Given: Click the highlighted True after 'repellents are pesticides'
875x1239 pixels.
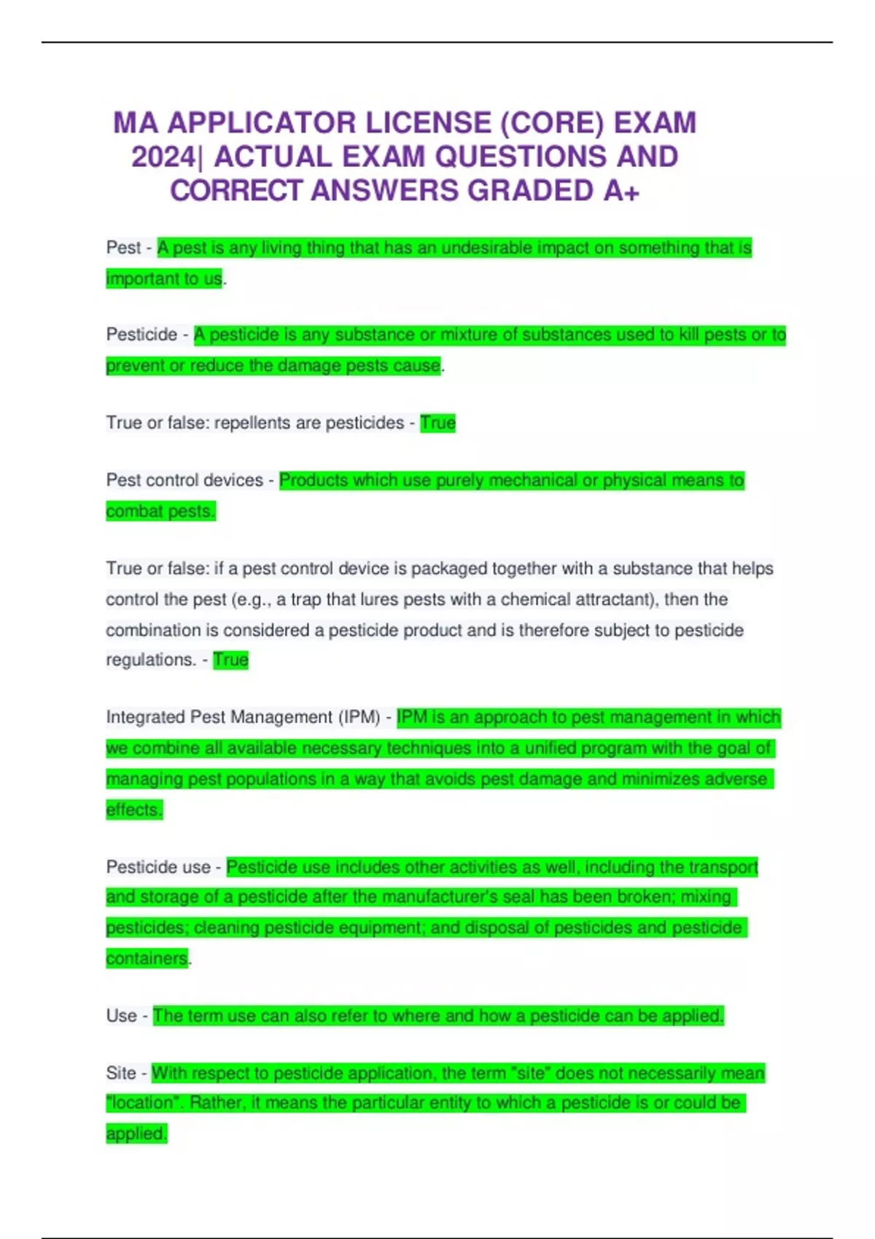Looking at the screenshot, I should coord(437,423).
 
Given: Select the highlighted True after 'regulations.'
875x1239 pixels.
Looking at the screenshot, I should coord(230,660).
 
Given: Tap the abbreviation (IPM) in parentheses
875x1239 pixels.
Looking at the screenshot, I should coord(359,717).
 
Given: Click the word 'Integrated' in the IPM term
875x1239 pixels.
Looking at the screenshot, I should coord(145,717).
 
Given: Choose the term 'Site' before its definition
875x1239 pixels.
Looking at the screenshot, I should coord(121,1073).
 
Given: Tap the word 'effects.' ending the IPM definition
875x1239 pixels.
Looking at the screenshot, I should coord(134,810).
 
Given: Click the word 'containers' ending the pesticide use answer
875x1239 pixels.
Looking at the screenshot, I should coord(147,958).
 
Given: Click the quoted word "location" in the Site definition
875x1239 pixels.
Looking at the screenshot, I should coord(143,1103).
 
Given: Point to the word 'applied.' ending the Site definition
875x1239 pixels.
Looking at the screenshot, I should coord(136,1133).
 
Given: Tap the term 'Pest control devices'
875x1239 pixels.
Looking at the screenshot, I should coord(184,480).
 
